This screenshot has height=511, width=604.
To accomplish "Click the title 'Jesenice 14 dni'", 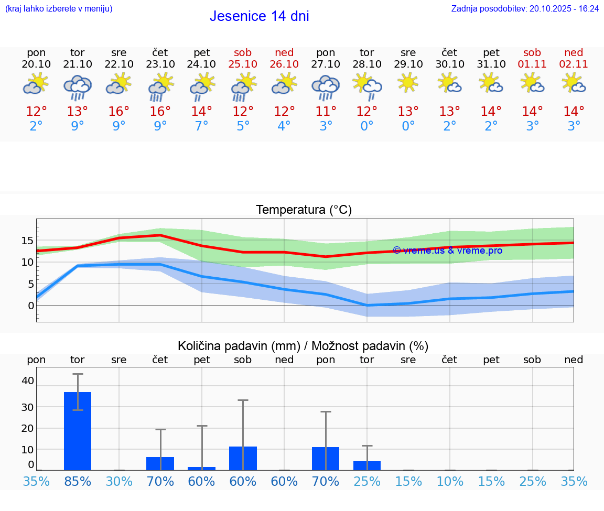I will point(259,16).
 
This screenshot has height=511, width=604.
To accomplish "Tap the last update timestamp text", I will point(525,9).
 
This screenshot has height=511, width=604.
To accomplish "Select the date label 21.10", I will point(78,64).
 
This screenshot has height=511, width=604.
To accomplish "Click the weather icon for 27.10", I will point(326,86).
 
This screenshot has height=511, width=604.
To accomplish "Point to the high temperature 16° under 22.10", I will point(119,112).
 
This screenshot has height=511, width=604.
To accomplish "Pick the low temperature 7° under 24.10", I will point(202,126).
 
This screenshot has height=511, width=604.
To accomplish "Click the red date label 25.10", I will point(243,64).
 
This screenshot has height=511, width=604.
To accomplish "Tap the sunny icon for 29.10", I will point(408,83).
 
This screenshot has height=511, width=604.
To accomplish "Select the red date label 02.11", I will point(574,64).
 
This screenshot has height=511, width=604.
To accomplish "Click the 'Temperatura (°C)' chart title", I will point(304,210).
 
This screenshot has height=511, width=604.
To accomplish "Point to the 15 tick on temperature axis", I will point(27,241).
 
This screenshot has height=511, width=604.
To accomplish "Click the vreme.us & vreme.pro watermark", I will point(448,251).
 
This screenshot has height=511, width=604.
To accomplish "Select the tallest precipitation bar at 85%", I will point(78,431).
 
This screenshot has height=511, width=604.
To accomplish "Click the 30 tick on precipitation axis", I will point(27,407).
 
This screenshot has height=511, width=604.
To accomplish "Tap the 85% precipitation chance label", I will point(78,481).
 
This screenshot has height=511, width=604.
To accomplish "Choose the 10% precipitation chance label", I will point(449,481).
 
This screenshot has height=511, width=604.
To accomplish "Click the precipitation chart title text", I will point(303,346).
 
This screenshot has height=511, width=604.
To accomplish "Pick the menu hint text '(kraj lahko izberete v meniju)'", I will point(58,9).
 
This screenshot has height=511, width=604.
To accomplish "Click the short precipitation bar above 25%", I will point(367,465).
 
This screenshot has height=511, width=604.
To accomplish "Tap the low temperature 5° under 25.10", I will point(243,126).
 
